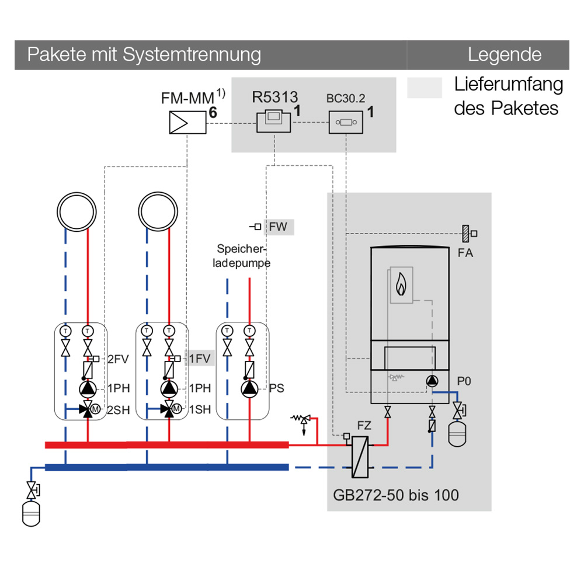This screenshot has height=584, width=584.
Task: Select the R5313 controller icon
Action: [x=273, y=122]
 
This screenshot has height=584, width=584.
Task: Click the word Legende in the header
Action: [x=505, y=55]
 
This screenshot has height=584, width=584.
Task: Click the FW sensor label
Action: [x=279, y=227]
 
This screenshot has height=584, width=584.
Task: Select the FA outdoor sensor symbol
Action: [x=468, y=233]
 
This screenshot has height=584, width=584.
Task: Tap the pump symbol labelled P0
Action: [x=432, y=381]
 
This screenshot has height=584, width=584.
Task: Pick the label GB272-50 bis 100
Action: [x=396, y=496]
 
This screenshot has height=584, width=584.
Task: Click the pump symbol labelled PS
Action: [x=250, y=388]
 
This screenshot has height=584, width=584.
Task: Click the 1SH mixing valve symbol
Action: [x=169, y=409]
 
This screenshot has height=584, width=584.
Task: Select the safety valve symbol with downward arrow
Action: [x=303, y=420]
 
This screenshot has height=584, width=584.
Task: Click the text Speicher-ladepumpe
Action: [x=242, y=255]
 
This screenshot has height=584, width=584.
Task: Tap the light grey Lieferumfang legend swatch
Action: [x=425, y=88]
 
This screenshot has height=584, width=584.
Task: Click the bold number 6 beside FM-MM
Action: [x=213, y=113]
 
